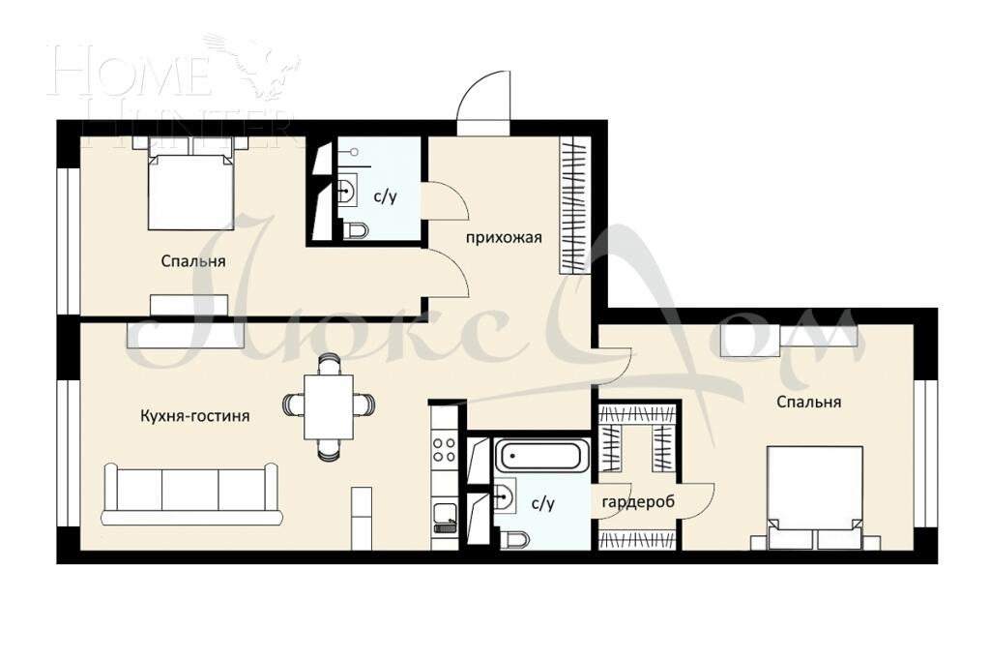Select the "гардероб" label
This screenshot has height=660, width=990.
click(637, 502)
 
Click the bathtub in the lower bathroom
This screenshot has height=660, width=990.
click(541, 455)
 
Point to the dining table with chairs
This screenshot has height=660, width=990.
click(329, 406)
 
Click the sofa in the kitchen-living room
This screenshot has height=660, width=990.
click(189, 494)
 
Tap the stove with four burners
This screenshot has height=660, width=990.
click(444, 449)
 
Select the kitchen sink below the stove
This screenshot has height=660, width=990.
click(444, 515)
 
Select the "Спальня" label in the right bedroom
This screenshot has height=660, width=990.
click(808, 402)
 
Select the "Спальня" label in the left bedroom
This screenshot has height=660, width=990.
click(193, 261)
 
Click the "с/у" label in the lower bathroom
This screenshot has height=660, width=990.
click(542, 503)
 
